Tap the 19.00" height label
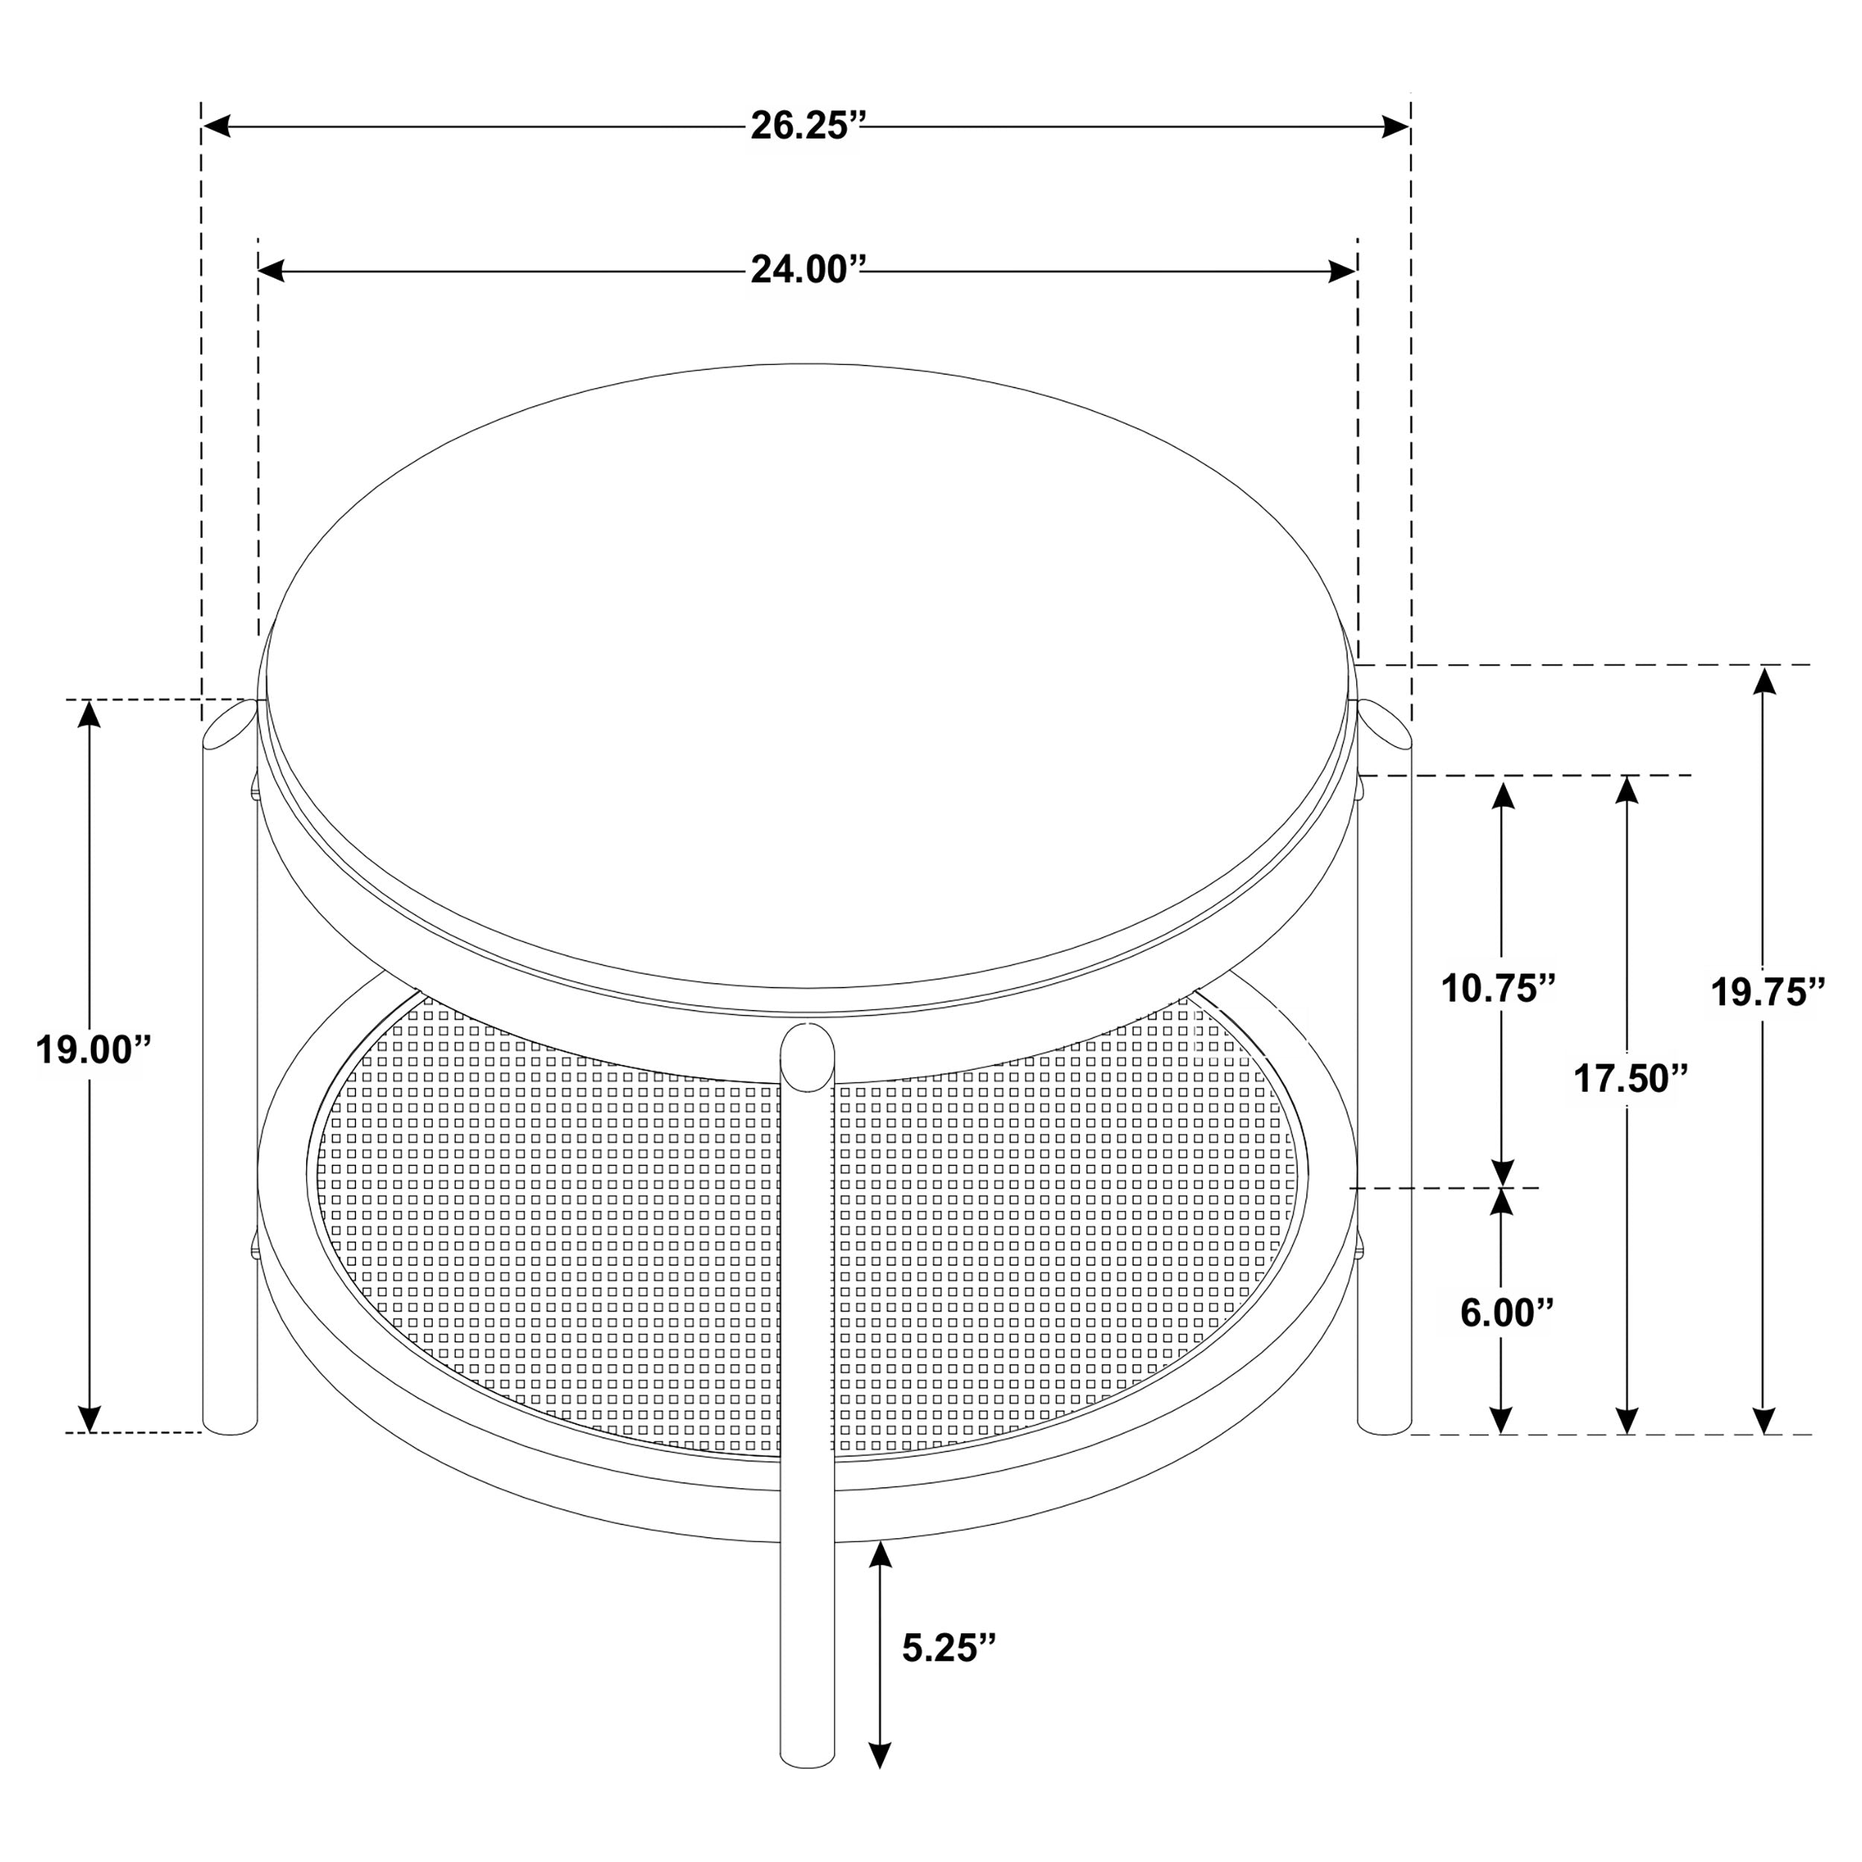tap(95, 1049)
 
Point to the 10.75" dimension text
tap(1499, 988)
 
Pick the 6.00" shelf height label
tap(1507, 1312)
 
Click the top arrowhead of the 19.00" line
tap(89, 714)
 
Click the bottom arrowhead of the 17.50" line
tap(1627, 1419)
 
